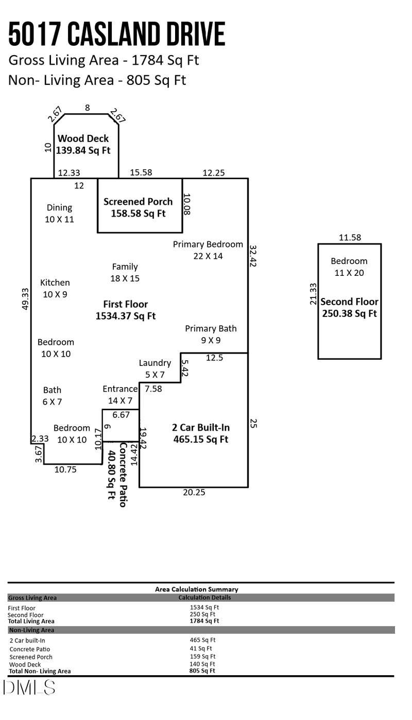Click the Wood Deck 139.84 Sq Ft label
[83, 145]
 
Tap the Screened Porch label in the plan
[138, 207]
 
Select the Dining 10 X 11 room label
[60, 213]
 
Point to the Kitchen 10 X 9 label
[55, 288]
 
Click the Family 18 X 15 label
[125, 272]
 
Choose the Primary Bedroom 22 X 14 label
[208, 250]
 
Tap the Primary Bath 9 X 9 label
[211, 334]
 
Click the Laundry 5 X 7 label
[154, 368]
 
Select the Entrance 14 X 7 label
[120, 394]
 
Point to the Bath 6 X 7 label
[53, 396]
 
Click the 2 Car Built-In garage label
[200, 433]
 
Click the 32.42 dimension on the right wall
[253, 255]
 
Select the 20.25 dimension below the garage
[194, 493]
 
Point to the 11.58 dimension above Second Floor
[350, 237]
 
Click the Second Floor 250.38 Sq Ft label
[349, 307]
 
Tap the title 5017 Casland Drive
[117, 34]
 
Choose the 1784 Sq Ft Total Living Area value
[204, 621]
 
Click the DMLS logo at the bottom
[29, 687]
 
